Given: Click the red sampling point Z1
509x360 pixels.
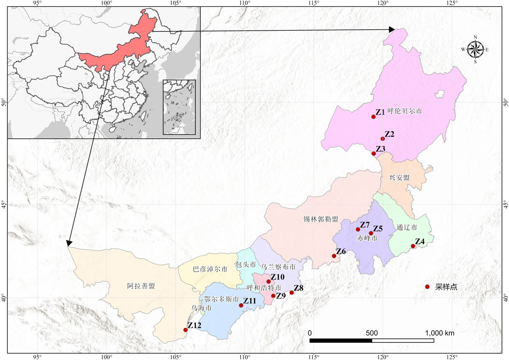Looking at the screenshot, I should (373, 117).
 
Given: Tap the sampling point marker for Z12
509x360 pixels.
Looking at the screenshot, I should (186, 330).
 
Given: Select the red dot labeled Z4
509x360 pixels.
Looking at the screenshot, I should (413, 246).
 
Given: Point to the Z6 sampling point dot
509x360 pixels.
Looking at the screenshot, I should (334, 256).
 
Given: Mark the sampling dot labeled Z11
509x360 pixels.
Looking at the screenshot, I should (241, 305).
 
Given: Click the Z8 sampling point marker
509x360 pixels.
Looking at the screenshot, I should (292, 292).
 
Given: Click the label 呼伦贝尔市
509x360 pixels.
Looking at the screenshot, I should (405, 111).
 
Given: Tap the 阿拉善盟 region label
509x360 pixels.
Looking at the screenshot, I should (141, 286).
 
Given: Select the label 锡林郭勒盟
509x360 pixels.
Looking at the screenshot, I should (321, 219).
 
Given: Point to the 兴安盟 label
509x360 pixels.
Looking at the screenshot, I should (399, 178).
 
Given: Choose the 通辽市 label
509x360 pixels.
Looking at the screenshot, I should (407, 227).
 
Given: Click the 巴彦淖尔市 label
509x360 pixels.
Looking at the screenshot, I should (210, 269).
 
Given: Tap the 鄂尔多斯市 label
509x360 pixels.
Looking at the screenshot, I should (221, 299).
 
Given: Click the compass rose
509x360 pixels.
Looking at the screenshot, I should (475, 49).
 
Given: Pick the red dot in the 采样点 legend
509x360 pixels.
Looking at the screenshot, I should (427, 287).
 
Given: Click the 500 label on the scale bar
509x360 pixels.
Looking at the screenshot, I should (372, 333).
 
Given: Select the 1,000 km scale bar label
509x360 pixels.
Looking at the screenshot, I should (439, 333).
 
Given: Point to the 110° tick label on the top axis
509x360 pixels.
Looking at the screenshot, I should (245, 3).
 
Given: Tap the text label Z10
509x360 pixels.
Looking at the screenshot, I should (277, 277).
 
